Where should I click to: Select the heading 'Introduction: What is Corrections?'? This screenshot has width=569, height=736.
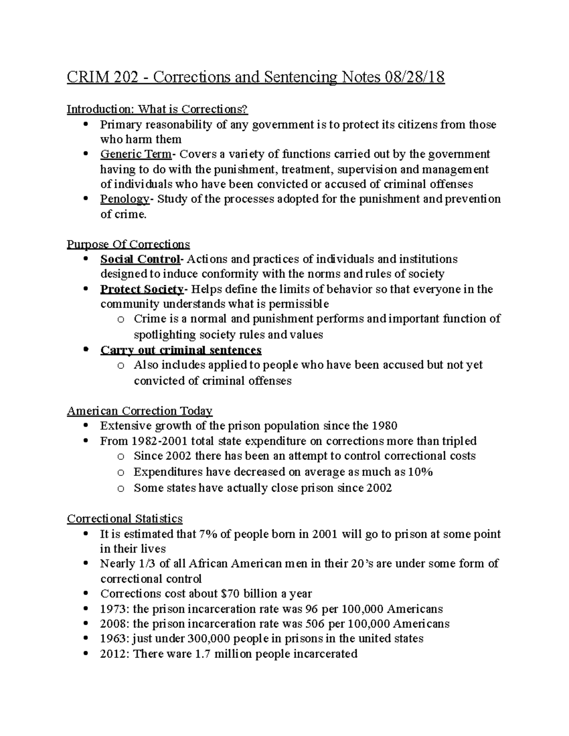pos(157,109)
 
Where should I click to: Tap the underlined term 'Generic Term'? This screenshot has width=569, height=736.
pos(135,154)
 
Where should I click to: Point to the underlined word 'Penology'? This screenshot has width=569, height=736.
pos(124,199)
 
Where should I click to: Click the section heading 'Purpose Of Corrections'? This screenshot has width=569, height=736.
pos(128,245)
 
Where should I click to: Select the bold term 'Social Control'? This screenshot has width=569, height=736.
pos(139,259)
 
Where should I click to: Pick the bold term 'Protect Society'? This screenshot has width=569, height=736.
pos(141,289)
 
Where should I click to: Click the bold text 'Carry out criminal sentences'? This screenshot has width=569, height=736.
pos(181,350)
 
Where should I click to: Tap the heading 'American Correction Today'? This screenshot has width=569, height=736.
pos(139,410)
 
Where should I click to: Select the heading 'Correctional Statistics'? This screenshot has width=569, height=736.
pos(125,518)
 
